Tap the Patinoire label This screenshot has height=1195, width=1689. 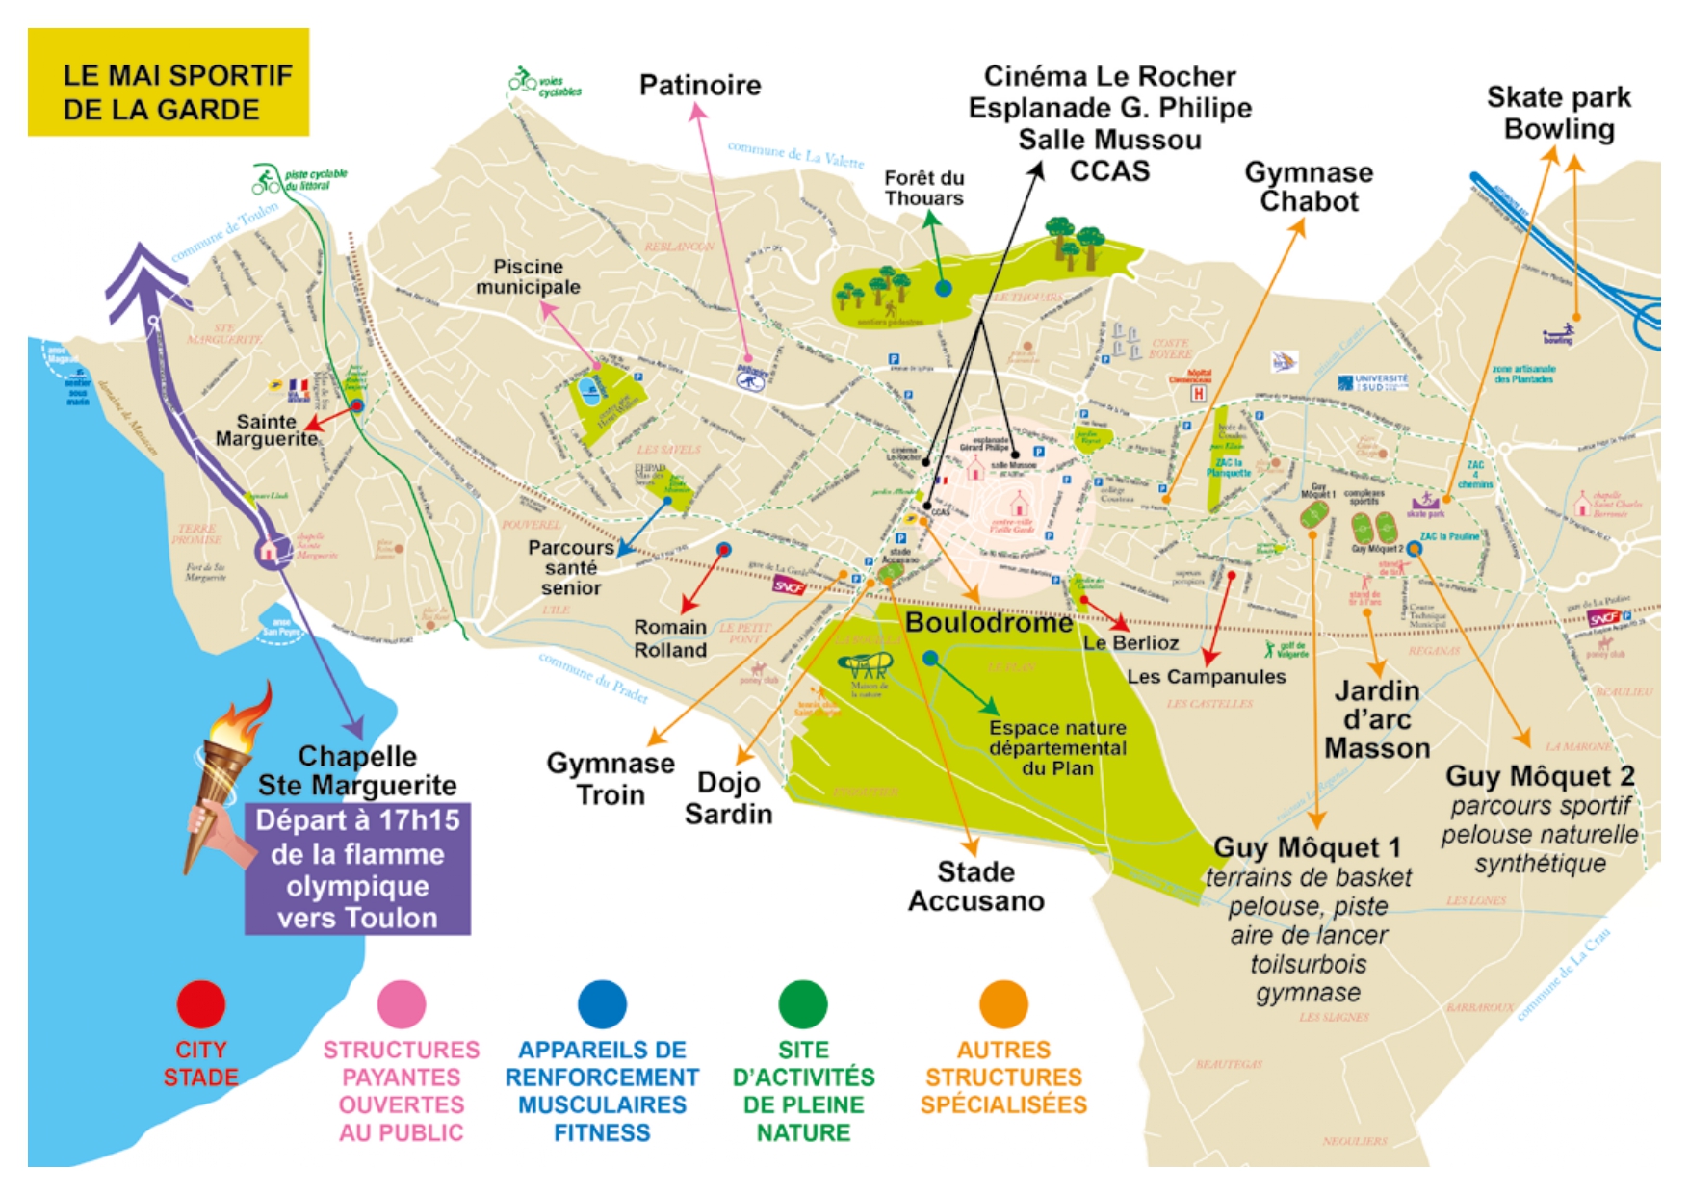[x=700, y=85]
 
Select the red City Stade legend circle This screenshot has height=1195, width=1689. [x=201, y=1004]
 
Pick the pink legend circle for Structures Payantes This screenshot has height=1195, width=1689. [x=402, y=1004]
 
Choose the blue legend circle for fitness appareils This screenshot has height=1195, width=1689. [x=602, y=1004]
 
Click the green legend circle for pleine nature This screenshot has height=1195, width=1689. [x=803, y=1004]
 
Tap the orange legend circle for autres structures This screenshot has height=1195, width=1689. [x=1003, y=1004]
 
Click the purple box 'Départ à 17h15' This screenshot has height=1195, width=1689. [x=357, y=869]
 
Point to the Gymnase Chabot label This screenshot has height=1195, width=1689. [x=1309, y=187]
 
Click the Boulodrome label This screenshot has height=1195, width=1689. [x=989, y=623]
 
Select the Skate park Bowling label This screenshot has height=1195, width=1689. [x=1558, y=113]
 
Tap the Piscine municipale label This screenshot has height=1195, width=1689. [x=528, y=276]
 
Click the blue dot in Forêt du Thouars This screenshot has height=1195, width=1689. [x=944, y=288]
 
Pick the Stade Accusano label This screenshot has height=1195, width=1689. [x=976, y=886]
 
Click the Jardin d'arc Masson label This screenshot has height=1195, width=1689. [x=1377, y=719]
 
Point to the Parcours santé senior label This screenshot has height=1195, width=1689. [x=571, y=567]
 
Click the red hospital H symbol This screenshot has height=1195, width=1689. [x=1199, y=393]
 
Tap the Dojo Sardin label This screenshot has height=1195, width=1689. [x=729, y=798]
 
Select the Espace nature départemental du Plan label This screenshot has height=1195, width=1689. [x=1057, y=748]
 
